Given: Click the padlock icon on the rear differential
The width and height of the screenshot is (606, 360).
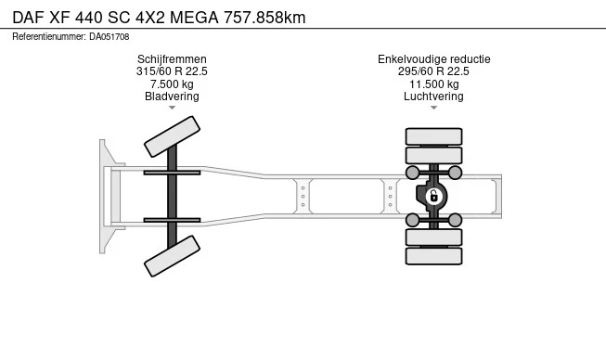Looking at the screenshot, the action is [x=433, y=197].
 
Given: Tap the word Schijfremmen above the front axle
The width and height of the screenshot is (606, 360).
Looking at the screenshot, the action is [x=172, y=59].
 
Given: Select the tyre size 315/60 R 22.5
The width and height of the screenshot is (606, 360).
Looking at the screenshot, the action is [x=172, y=71].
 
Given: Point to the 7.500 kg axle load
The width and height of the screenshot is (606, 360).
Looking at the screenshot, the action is [x=172, y=84].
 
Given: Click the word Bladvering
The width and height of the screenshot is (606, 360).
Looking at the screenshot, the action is [x=172, y=96].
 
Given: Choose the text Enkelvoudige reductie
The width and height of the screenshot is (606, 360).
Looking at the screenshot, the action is [x=434, y=59].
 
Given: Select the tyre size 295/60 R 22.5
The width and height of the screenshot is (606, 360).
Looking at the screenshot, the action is [x=433, y=71].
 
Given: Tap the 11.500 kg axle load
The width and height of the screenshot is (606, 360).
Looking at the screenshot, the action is [x=434, y=84].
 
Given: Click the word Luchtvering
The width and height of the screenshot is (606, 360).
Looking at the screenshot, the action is [x=433, y=96].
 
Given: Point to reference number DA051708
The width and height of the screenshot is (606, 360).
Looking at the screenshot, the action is [x=110, y=37].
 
